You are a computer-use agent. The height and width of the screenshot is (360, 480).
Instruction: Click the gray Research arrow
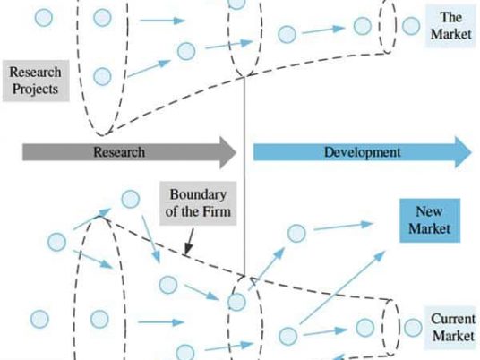point(129,152)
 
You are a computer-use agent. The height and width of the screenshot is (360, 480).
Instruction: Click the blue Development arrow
point(363,152)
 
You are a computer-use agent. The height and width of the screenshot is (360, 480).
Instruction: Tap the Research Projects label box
point(36,81)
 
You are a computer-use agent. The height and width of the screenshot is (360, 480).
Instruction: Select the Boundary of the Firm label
point(198,203)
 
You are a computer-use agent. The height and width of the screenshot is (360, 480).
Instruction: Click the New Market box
point(430,220)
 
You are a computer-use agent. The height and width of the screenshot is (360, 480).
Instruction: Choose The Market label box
point(450,26)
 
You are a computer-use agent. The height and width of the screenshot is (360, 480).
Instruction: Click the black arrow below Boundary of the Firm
point(190,242)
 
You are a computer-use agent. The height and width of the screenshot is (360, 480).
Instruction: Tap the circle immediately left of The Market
point(411,26)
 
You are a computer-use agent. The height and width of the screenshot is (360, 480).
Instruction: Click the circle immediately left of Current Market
point(413,328)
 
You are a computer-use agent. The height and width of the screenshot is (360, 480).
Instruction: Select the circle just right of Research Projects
point(102,76)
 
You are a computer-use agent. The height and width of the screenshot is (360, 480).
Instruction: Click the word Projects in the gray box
point(35,89)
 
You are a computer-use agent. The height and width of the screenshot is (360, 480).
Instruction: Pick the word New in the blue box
point(429,211)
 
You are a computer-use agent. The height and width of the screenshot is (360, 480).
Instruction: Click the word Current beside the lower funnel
point(453,319)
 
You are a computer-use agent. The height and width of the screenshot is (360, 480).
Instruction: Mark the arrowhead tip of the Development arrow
point(472,152)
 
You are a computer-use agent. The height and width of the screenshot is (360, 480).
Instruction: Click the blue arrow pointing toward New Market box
point(343,227)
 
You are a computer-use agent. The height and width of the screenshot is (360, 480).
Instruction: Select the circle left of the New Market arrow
point(296,233)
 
